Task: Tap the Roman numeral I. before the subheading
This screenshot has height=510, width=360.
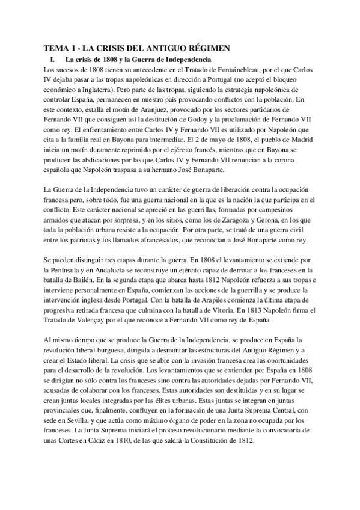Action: tap(53, 60)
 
